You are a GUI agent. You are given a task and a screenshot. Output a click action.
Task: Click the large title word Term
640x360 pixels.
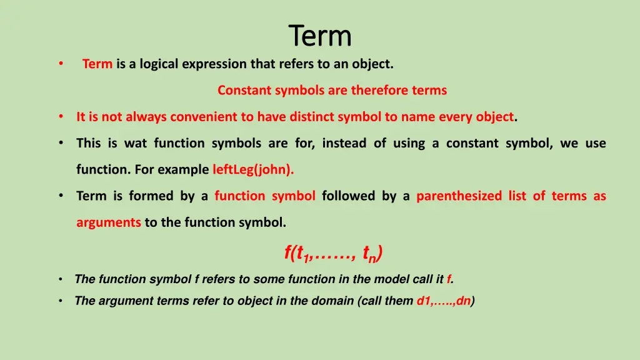pyautogui.click(x=320, y=36)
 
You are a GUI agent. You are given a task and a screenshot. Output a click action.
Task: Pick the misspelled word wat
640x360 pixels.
pyautogui.click(x=136, y=143)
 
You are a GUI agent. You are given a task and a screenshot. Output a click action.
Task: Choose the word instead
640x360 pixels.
pyautogui.click(x=344, y=143)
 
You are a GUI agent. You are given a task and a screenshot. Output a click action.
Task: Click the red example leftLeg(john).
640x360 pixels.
pyautogui.click(x=253, y=169)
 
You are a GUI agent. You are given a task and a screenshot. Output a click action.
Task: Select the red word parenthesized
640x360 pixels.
pyautogui.click(x=459, y=196)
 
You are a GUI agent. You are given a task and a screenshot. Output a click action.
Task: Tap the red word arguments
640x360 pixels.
pyautogui.click(x=109, y=222)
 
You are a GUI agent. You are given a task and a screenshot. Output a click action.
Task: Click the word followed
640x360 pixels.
pyautogui.click(x=348, y=196)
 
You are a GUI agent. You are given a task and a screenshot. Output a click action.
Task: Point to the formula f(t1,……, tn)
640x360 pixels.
pyautogui.click(x=333, y=253)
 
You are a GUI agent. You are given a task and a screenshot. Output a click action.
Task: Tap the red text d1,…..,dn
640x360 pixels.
pyautogui.click(x=444, y=301)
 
